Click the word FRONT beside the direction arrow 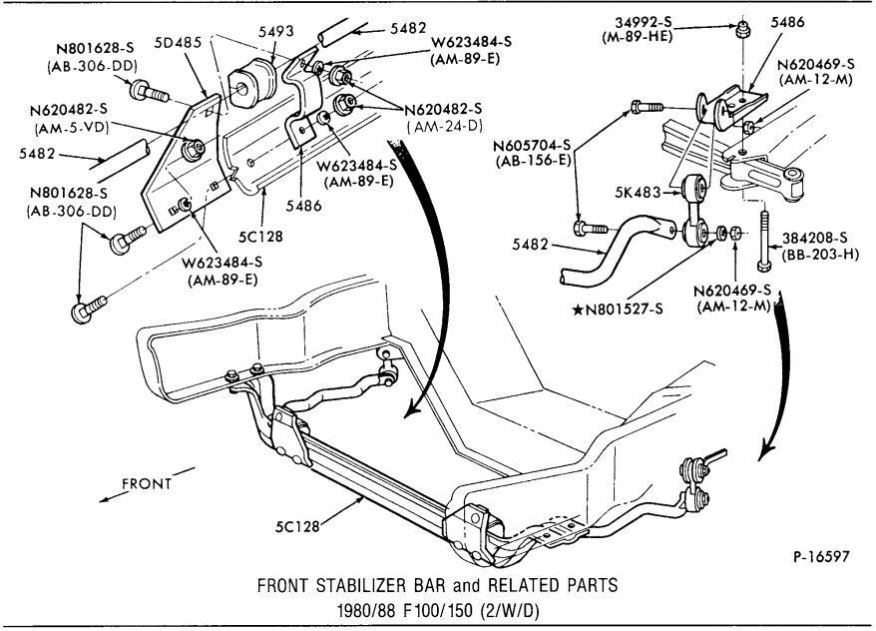coord(147,483)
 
